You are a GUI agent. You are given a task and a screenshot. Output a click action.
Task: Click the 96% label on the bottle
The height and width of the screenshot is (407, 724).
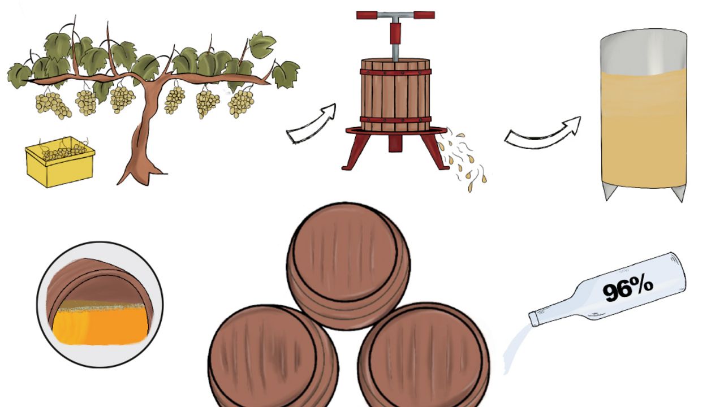627,289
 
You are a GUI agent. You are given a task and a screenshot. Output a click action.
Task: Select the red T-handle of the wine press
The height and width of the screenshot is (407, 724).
395,15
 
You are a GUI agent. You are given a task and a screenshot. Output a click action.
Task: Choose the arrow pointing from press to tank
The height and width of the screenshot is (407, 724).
543,135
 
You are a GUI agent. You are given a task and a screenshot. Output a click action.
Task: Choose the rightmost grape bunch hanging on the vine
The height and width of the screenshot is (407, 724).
241,103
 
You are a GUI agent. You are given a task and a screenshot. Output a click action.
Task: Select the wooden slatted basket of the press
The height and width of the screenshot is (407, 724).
395,93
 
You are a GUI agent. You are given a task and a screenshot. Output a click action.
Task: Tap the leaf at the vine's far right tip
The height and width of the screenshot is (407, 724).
286,74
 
